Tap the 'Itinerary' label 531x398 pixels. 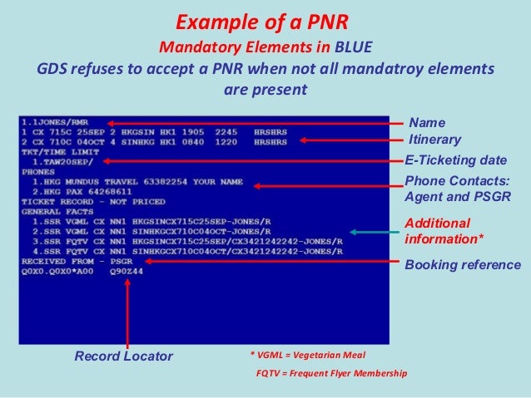coord(433,140)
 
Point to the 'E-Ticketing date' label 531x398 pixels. coord(455,160)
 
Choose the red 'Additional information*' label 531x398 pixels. coord(437,232)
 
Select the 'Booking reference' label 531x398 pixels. coord(462,265)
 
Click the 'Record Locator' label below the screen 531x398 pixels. coord(124,356)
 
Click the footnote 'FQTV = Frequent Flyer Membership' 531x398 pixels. coord(331,374)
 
